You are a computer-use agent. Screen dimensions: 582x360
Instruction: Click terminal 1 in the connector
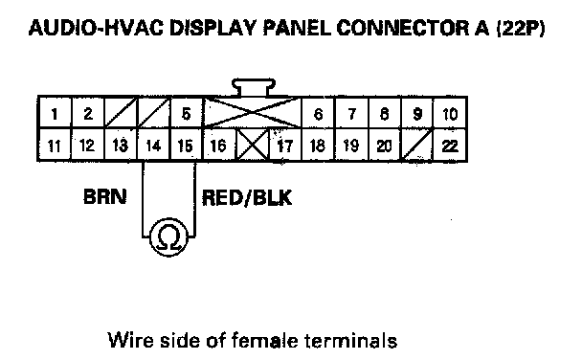(x=55, y=113)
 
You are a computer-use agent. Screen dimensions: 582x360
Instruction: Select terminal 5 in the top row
(x=187, y=113)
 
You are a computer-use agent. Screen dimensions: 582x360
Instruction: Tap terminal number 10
(x=450, y=113)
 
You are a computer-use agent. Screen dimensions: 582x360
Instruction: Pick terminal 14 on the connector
(x=154, y=146)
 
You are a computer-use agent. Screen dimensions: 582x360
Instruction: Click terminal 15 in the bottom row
(x=187, y=146)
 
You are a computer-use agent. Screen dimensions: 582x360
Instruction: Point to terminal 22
(x=450, y=146)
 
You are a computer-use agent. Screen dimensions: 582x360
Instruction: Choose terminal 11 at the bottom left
(x=55, y=146)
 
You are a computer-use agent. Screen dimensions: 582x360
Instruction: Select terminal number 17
(x=285, y=146)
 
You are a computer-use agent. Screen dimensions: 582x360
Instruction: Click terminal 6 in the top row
(x=318, y=113)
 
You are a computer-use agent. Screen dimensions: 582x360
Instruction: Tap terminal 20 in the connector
(x=384, y=146)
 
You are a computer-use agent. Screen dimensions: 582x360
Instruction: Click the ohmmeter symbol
(x=168, y=236)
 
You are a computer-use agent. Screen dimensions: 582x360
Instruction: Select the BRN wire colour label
(x=105, y=196)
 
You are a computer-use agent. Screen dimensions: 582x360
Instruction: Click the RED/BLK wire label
(x=247, y=197)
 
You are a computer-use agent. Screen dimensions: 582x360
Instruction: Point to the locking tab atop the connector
(x=254, y=87)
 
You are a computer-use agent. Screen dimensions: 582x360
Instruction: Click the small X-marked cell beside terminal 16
(x=253, y=146)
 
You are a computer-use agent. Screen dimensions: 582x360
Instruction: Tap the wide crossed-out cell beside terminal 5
(x=253, y=113)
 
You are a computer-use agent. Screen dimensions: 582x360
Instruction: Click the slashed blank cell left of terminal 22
(x=417, y=146)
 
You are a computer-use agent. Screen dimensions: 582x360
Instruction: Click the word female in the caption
(x=264, y=340)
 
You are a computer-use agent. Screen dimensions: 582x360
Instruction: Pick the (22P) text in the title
(x=521, y=28)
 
